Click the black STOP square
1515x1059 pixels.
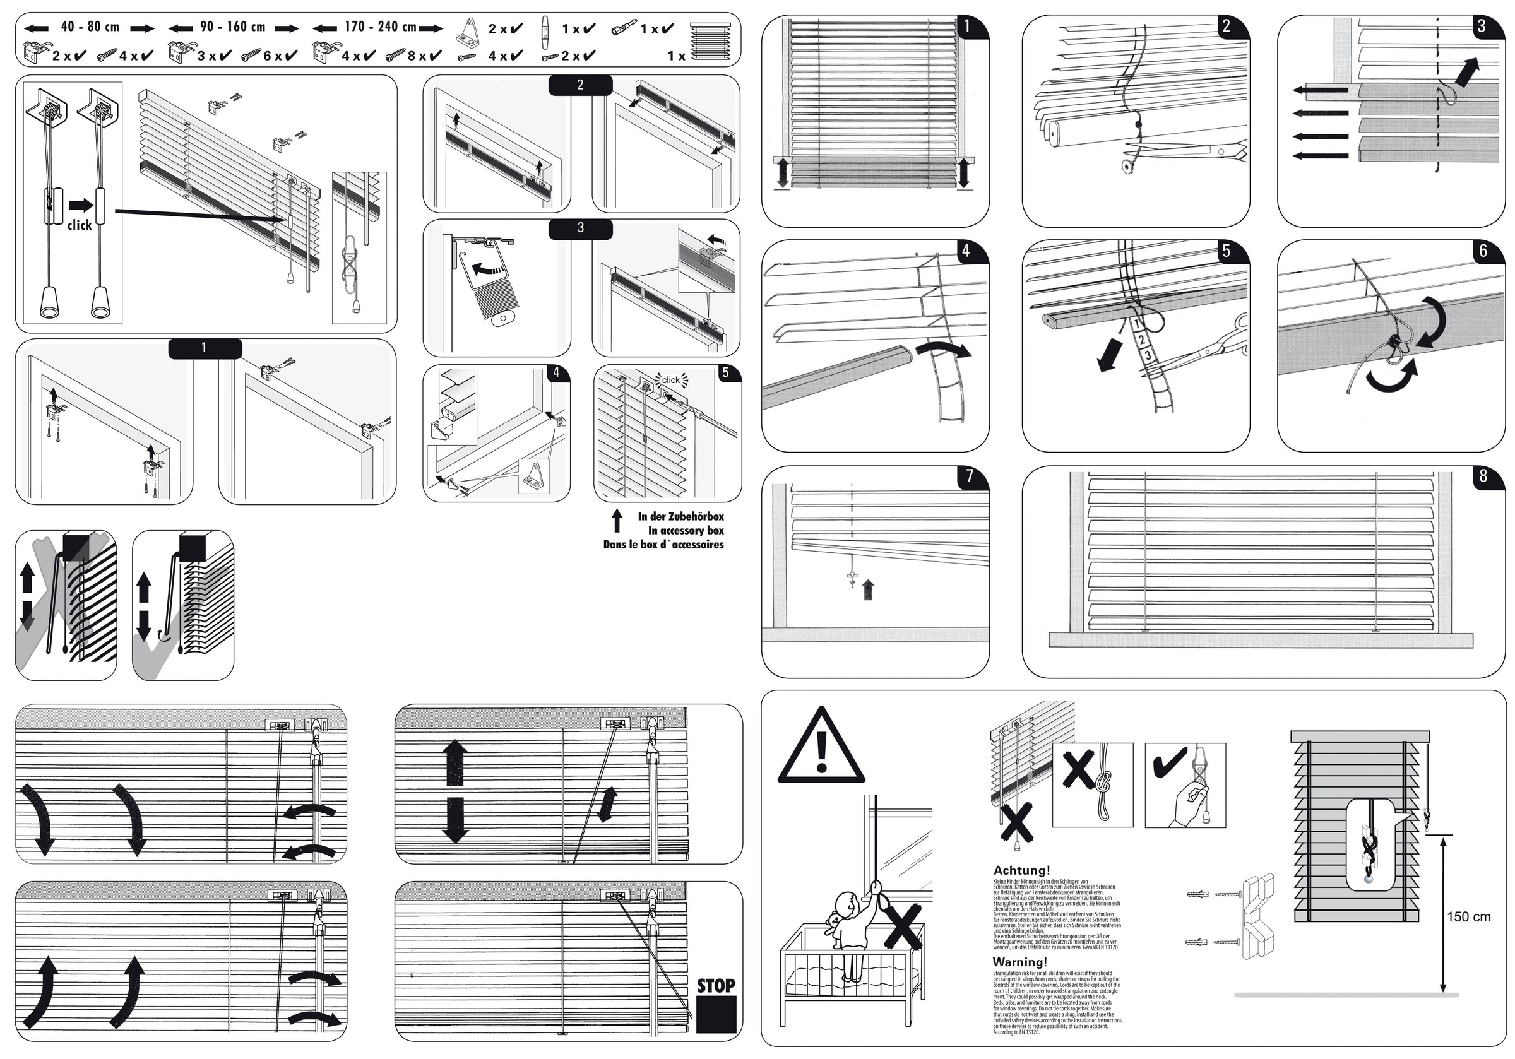point(716,1014)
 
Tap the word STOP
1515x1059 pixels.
point(716,986)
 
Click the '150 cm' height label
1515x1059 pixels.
point(1468,916)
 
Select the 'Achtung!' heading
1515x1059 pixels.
point(1021,871)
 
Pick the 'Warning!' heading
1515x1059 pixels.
point(1019,962)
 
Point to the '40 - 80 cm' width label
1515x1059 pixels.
point(90,27)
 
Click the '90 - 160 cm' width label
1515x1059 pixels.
point(232,27)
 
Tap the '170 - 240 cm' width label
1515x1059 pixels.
point(380,27)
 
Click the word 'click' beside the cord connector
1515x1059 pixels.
point(79,225)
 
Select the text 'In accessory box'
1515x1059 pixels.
point(686,531)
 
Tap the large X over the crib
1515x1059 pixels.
point(903,925)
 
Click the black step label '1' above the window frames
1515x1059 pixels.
point(205,348)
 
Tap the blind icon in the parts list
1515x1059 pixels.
point(710,41)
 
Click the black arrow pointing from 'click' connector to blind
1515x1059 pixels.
point(198,215)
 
